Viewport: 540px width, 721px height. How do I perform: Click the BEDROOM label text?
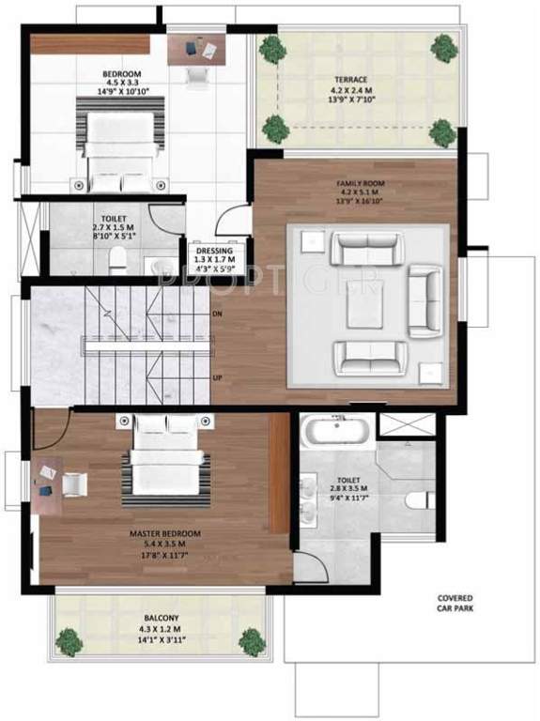click(122, 73)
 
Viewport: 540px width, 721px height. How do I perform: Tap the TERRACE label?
click(355, 81)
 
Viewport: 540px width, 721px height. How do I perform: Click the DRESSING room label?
click(213, 251)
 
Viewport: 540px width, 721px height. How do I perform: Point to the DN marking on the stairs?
click(218, 312)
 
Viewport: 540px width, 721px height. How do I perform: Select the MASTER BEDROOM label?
click(165, 531)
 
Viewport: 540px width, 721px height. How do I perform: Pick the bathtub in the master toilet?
click(337, 432)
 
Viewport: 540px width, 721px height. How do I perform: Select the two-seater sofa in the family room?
click(425, 301)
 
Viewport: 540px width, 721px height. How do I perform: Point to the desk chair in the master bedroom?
click(74, 483)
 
